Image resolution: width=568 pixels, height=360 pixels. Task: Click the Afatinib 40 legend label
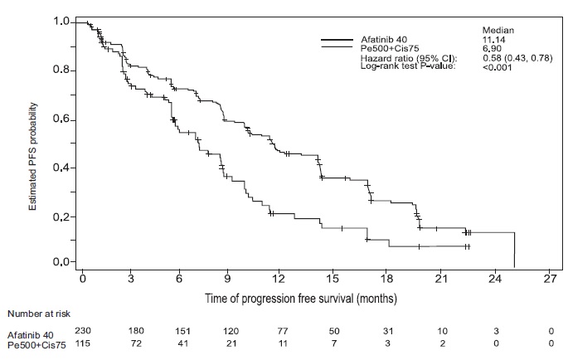pyautogui.click(x=384, y=40)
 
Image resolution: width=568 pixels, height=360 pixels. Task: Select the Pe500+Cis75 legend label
pyautogui.click(x=390, y=48)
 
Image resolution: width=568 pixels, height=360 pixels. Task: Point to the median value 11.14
pyautogui.click(x=493, y=40)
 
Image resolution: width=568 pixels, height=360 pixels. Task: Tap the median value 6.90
pyautogui.click(x=492, y=48)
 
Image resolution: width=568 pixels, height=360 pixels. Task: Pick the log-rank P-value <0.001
pyautogui.click(x=497, y=67)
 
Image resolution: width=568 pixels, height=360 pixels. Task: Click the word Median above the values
pyautogui.click(x=498, y=31)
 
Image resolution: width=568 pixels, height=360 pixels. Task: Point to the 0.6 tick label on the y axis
pyautogui.click(x=61, y=119)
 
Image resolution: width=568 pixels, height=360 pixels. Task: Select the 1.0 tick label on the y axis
pyautogui.click(x=61, y=22)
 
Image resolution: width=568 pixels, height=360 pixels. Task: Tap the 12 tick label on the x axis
pyautogui.click(x=279, y=279)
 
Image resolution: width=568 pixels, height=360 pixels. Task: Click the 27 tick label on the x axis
pyautogui.click(x=550, y=279)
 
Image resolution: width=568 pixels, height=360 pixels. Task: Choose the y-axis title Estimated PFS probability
pyautogui.click(x=33, y=157)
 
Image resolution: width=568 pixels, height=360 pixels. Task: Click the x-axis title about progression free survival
pyautogui.click(x=301, y=299)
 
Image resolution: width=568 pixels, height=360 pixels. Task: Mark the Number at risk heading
pyautogui.click(x=39, y=314)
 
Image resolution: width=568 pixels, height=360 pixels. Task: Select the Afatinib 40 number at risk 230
pyautogui.click(x=83, y=330)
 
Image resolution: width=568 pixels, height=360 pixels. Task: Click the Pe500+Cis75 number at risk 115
pyautogui.click(x=83, y=343)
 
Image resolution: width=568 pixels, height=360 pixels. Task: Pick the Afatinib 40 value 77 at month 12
pyautogui.click(x=282, y=331)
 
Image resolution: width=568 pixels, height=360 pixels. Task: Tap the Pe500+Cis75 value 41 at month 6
pyautogui.click(x=183, y=343)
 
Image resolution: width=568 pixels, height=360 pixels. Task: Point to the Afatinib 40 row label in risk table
pyautogui.click(x=31, y=335)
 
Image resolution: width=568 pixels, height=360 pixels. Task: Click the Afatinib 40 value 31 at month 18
pyautogui.click(x=387, y=331)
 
